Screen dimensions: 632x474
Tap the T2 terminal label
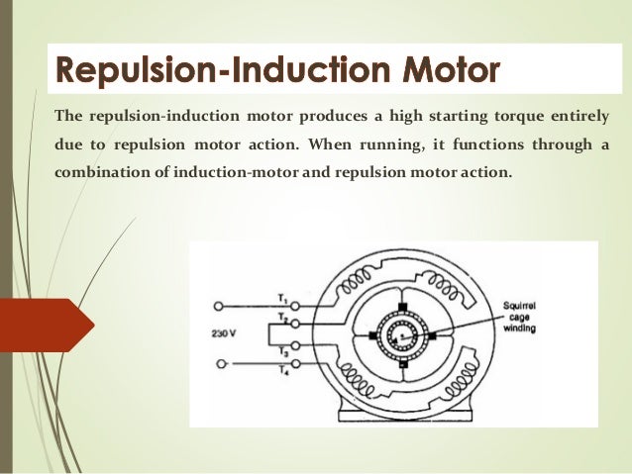(283, 319)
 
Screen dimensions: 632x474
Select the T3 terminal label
(283, 351)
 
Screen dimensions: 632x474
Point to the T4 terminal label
(283, 371)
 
